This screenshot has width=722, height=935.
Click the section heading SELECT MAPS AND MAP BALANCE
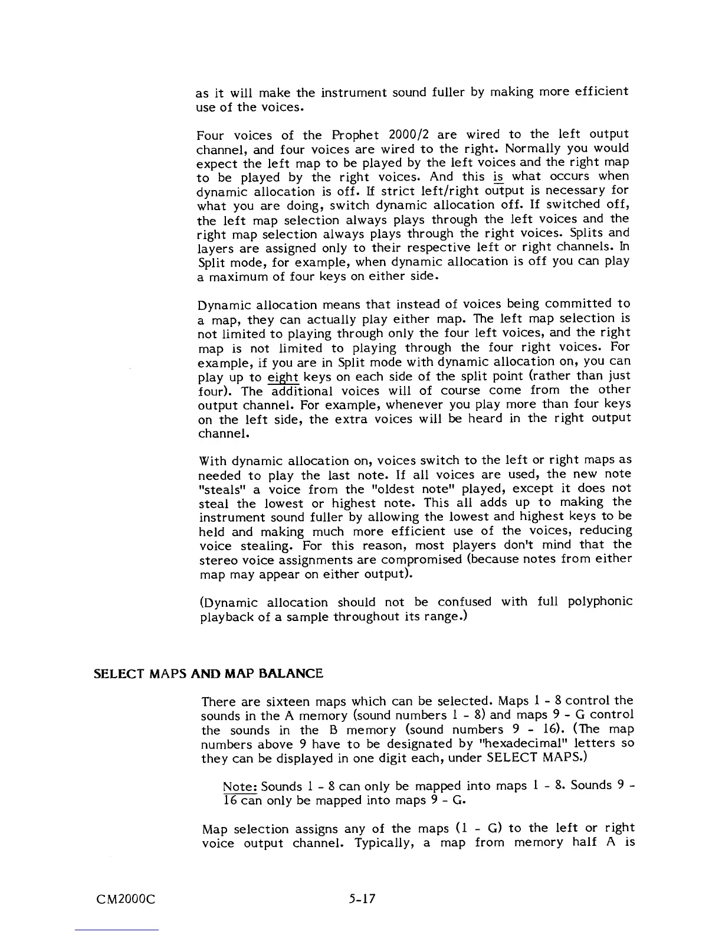coord(209,674)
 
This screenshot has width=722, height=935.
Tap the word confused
coord(464,602)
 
